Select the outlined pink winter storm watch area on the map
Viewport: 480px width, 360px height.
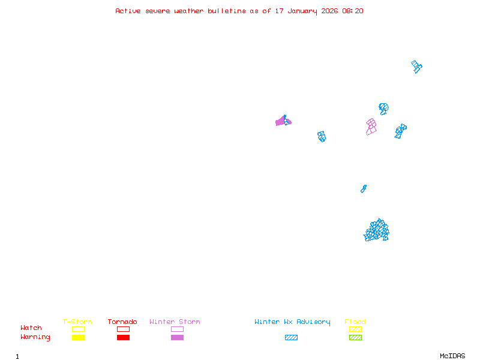tap(371, 127)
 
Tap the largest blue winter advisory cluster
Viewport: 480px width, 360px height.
tap(377, 230)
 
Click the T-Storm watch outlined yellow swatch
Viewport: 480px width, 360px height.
tap(78, 329)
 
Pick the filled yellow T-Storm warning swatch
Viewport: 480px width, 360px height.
tap(78, 338)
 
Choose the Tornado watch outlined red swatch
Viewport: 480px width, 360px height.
tap(123, 329)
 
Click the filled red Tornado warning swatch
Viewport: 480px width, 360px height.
tap(123, 338)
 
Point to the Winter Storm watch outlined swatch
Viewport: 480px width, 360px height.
tap(177, 329)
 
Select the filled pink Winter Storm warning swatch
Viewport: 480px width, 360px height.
tap(177, 338)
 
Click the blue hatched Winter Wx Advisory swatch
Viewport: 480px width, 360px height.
tap(291, 338)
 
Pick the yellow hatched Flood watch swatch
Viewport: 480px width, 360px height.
tap(355, 329)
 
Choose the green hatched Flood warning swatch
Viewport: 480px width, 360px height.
tap(355, 338)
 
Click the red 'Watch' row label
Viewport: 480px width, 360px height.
tap(31, 328)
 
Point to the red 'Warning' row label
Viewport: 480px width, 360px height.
tap(35, 337)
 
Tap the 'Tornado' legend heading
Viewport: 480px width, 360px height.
tap(122, 322)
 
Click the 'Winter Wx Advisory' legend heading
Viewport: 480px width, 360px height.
tap(292, 322)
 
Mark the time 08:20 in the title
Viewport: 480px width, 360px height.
tap(353, 11)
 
